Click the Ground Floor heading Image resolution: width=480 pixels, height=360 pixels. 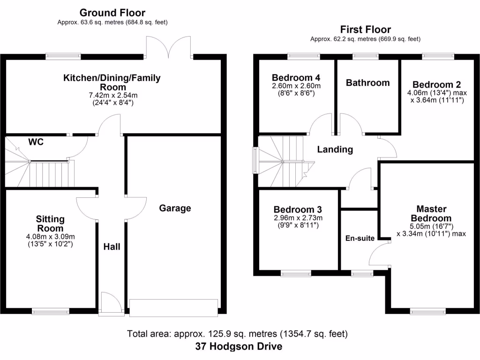(x=112, y=13)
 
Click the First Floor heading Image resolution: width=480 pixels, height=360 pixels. (x=365, y=30)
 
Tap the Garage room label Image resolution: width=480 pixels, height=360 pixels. (x=175, y=208)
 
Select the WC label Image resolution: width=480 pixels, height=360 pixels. (x=36, y=142)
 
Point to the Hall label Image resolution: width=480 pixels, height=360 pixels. (x=112, y=246)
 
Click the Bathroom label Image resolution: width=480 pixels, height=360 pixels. (x=367, y=83)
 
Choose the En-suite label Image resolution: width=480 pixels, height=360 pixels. (x=360, y=238)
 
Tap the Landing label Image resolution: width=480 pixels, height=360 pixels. (x=335, y=150)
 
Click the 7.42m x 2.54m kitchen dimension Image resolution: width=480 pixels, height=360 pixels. (x=112, y=95)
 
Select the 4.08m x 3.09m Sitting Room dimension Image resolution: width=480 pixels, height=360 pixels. (x=51, y=236)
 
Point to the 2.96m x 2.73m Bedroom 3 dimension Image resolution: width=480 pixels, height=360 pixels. (x=298, y=217)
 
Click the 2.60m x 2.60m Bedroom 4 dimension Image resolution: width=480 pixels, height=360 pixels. (x=296, y=86)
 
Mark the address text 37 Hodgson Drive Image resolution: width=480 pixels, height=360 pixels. (x=239, y=347)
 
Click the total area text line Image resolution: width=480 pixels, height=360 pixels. (x=237, y=334)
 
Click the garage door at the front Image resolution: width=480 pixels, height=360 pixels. (x=174, y=307)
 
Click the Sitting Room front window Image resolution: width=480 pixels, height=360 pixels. (x=51, y=310)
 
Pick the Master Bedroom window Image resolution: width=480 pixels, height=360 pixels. (x=428, y=310)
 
